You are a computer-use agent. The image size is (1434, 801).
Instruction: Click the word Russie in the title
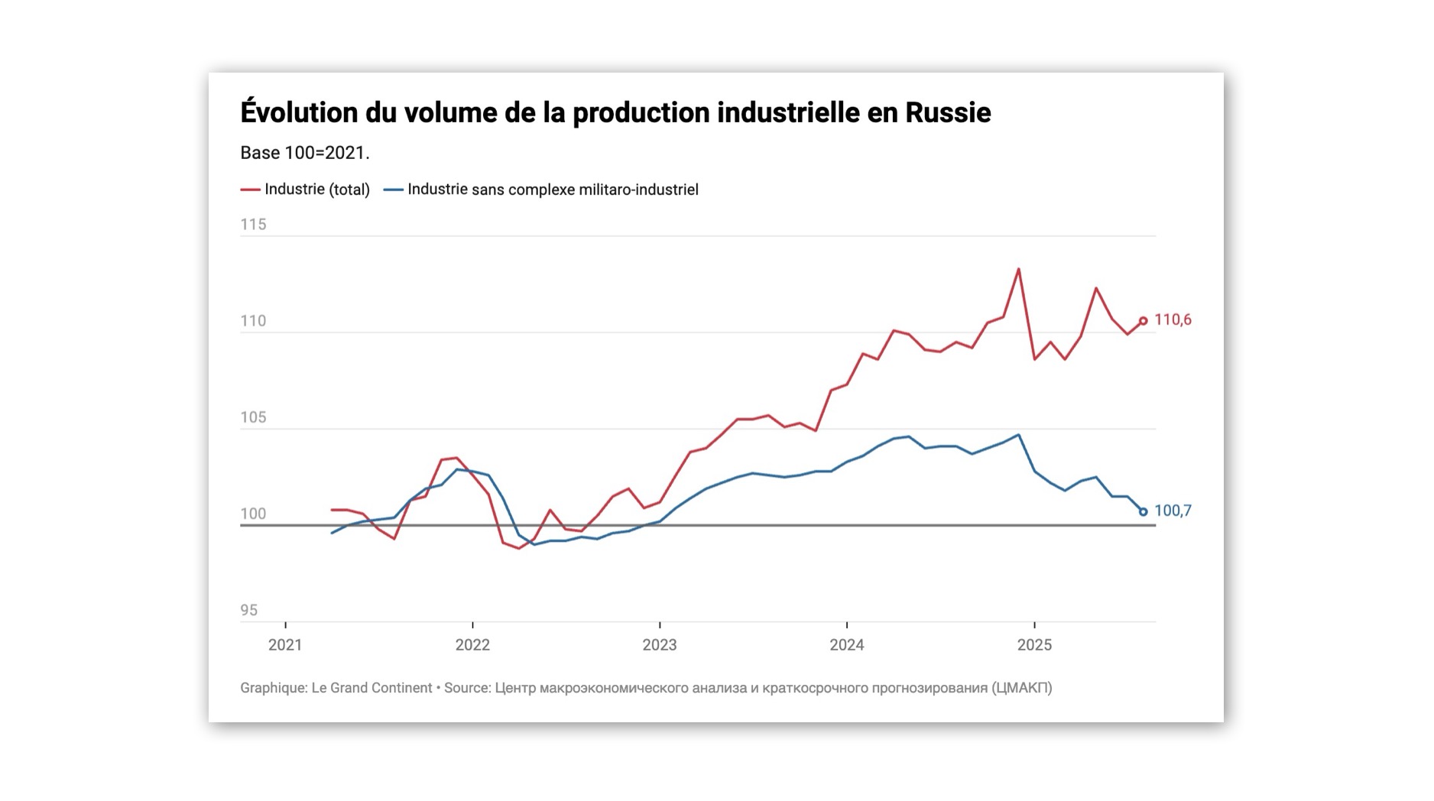click(948, 113)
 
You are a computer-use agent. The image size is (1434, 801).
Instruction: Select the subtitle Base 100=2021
click(304, 153)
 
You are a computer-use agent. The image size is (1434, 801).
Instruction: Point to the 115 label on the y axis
click(253, 225)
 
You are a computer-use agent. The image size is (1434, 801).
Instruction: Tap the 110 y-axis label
click(253, 321)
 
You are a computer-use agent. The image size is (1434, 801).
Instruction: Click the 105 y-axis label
click(253, 417)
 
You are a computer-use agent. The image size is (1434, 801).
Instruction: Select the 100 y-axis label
click(253, 514)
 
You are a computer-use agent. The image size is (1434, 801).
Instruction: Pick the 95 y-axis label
click(249, 610)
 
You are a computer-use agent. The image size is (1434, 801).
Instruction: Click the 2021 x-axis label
click(285, 645)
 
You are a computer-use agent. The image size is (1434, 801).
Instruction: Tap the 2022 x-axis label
click(472, 645)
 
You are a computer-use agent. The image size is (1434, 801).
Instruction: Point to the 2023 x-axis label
click(660, 645)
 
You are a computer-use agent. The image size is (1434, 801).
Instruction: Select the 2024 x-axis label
click(847, 645)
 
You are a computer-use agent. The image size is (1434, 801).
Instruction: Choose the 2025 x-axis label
click(1034, 645)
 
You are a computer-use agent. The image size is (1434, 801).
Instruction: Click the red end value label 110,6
click(1173, 320)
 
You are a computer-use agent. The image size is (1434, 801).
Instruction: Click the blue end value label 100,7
click(1173, 511)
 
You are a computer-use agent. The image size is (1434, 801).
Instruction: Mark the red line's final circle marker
click(1144, 321)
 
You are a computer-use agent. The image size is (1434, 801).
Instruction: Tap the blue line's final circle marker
click(1144, 512)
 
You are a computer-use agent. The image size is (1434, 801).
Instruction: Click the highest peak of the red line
click(1019, 269)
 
